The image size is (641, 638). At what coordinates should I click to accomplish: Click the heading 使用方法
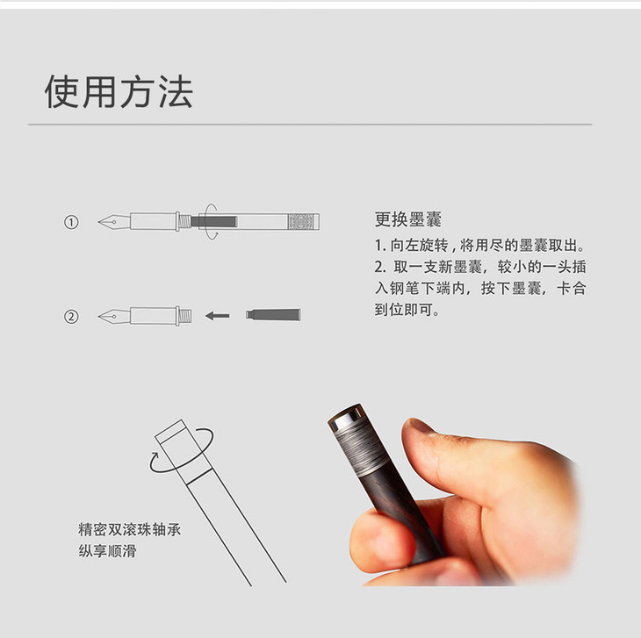click(x=119, y=92)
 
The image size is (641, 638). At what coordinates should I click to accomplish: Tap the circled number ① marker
click(x=71, y=222)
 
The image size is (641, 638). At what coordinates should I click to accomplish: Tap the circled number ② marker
click(x=71, y=317)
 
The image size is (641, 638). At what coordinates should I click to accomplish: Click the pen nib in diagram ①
click(x=114, y=222)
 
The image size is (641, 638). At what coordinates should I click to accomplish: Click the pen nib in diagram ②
click(x=114, y=316)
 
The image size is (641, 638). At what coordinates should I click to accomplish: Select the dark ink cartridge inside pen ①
click(x=213, y=222)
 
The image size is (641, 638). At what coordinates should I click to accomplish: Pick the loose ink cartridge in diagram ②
click(x=273, y=314)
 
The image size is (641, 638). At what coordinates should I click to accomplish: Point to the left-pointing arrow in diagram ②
click(x=218, y=316)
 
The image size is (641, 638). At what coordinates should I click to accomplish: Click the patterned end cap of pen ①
click(x=303, y=222)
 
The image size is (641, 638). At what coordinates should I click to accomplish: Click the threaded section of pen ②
click(x=185, y=316)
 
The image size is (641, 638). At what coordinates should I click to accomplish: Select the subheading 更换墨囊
click(x=408, y=219)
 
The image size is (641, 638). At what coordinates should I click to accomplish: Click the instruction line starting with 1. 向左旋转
click(x=480, y=246)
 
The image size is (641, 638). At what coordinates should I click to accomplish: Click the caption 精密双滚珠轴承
click(x=129, y=530)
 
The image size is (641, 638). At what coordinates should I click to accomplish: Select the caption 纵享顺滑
click(x=107, y=551)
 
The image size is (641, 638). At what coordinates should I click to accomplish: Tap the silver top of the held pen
click(x=346, y=418)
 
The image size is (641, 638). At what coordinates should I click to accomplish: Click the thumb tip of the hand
click(x=417, y=429)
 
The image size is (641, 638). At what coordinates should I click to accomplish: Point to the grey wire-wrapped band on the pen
click(x=362, y=448)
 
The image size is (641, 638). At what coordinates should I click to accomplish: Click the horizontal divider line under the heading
click(x=310, y=124)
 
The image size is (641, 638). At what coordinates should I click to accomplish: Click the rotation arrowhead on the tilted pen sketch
click(x=155, y=455)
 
